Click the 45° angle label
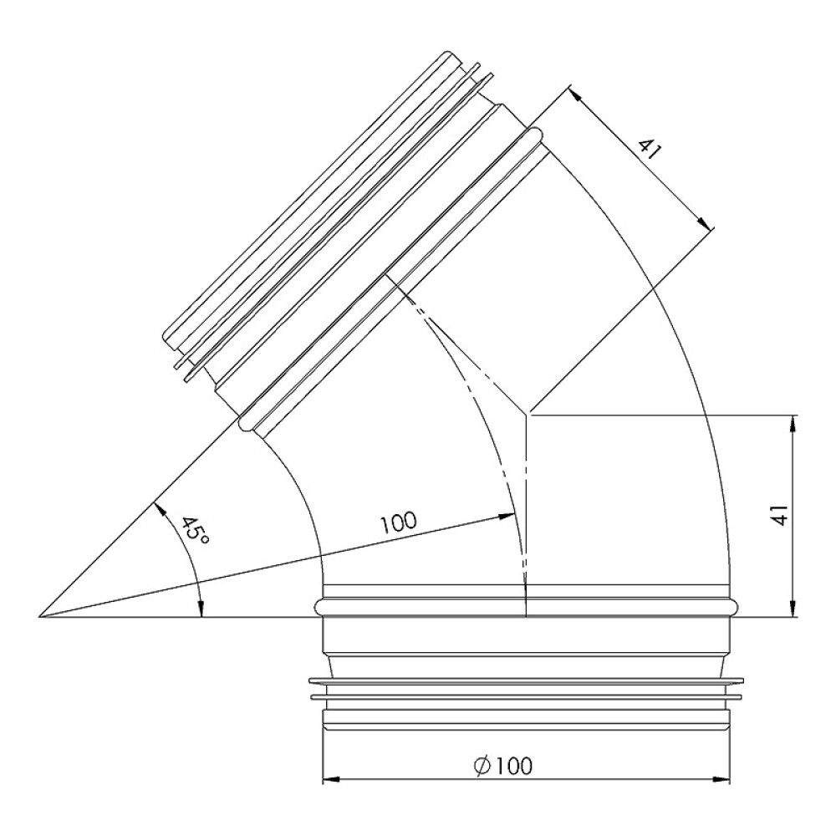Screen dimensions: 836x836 [x=194, y=533]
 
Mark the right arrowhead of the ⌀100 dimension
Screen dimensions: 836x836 [x=723, y=780]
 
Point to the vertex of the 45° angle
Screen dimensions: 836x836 [x=40, y=617]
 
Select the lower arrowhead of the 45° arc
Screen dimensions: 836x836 [x=201, y=609]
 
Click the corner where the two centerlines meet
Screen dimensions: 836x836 [x=526, y=414]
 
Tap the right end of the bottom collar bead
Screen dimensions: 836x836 [x=736, y=606]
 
